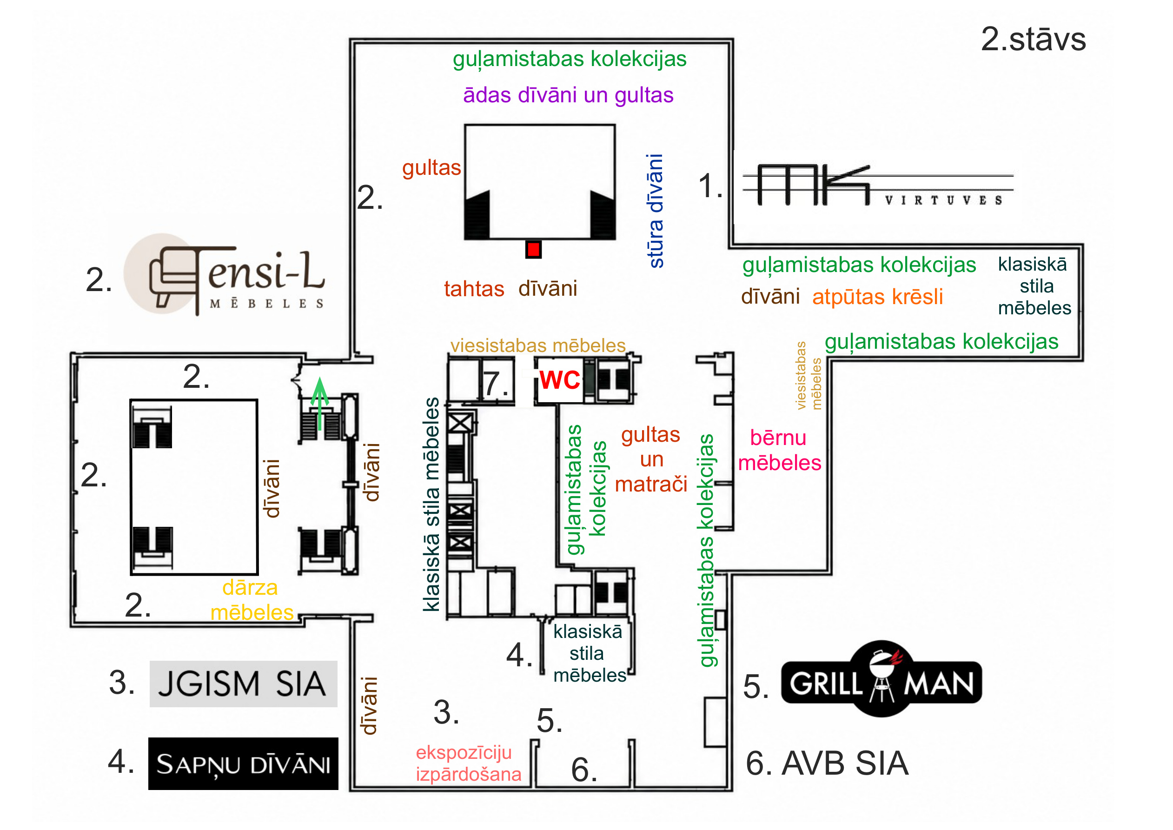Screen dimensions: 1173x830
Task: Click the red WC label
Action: (x=560, y=380)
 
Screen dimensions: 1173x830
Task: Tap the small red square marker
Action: (x=533, y=249)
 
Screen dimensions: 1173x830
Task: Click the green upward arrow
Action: (x=320, y=403)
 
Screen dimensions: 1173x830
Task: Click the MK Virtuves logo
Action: (x=878, y=185)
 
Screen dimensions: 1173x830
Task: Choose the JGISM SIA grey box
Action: (x=243, y=684)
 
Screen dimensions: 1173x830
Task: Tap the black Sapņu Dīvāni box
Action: (x=243, y=764)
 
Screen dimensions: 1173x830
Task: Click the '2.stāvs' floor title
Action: (x=1033, y=40)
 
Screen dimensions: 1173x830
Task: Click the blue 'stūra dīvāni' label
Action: (x=656, y=211)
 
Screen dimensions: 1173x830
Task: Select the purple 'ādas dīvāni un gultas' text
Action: (x=568, y=95)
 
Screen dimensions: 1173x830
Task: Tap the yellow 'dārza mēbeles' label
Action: (x=252, y=600)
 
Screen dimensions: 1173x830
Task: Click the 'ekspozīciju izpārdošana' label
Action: (x=469, y=764)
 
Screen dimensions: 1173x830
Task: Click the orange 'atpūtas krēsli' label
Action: (x=877, y=297)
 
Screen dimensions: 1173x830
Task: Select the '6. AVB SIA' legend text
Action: (x=827, y=764)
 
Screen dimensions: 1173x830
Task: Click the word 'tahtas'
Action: (x=474, y=289)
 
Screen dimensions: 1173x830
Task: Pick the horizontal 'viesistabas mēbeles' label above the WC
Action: (x=537, y=346)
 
